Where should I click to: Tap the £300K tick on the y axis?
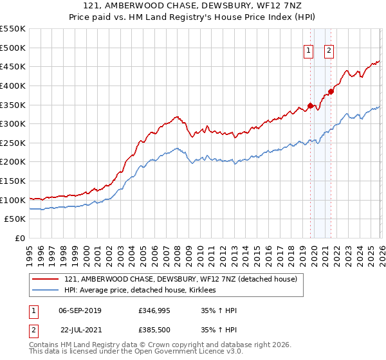coord(13,123)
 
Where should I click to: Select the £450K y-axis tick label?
coord(13,66)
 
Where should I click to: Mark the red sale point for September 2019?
coord(310,105)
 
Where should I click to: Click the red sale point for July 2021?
coord(331,91)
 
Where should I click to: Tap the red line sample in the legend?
coord(46,280)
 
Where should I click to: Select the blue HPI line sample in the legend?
coord(46,291)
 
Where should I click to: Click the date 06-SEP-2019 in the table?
coord(80,310)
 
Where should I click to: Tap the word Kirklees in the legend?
coord(207,291)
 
